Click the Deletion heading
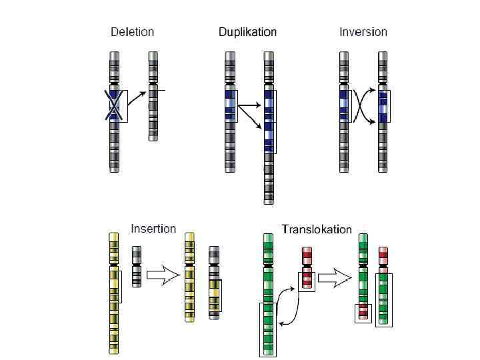pos(132,32)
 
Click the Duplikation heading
pos(247,32)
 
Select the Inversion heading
pos(363,32)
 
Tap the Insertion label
pos(153,229)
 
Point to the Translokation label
pos(317,229)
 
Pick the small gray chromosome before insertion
pos(137,266)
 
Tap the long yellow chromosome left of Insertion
pos(115,293)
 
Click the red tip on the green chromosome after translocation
pos(363,310)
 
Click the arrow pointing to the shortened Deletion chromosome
pos(137,97)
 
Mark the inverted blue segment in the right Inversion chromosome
pos(383,106)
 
